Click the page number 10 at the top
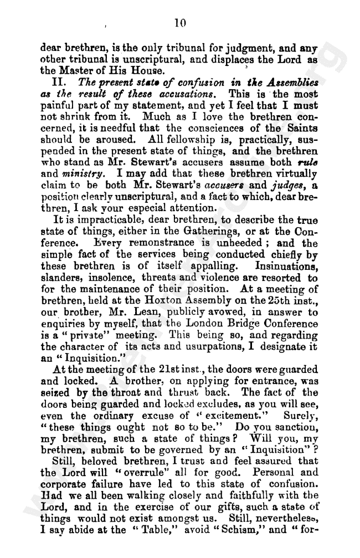point(179,23)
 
